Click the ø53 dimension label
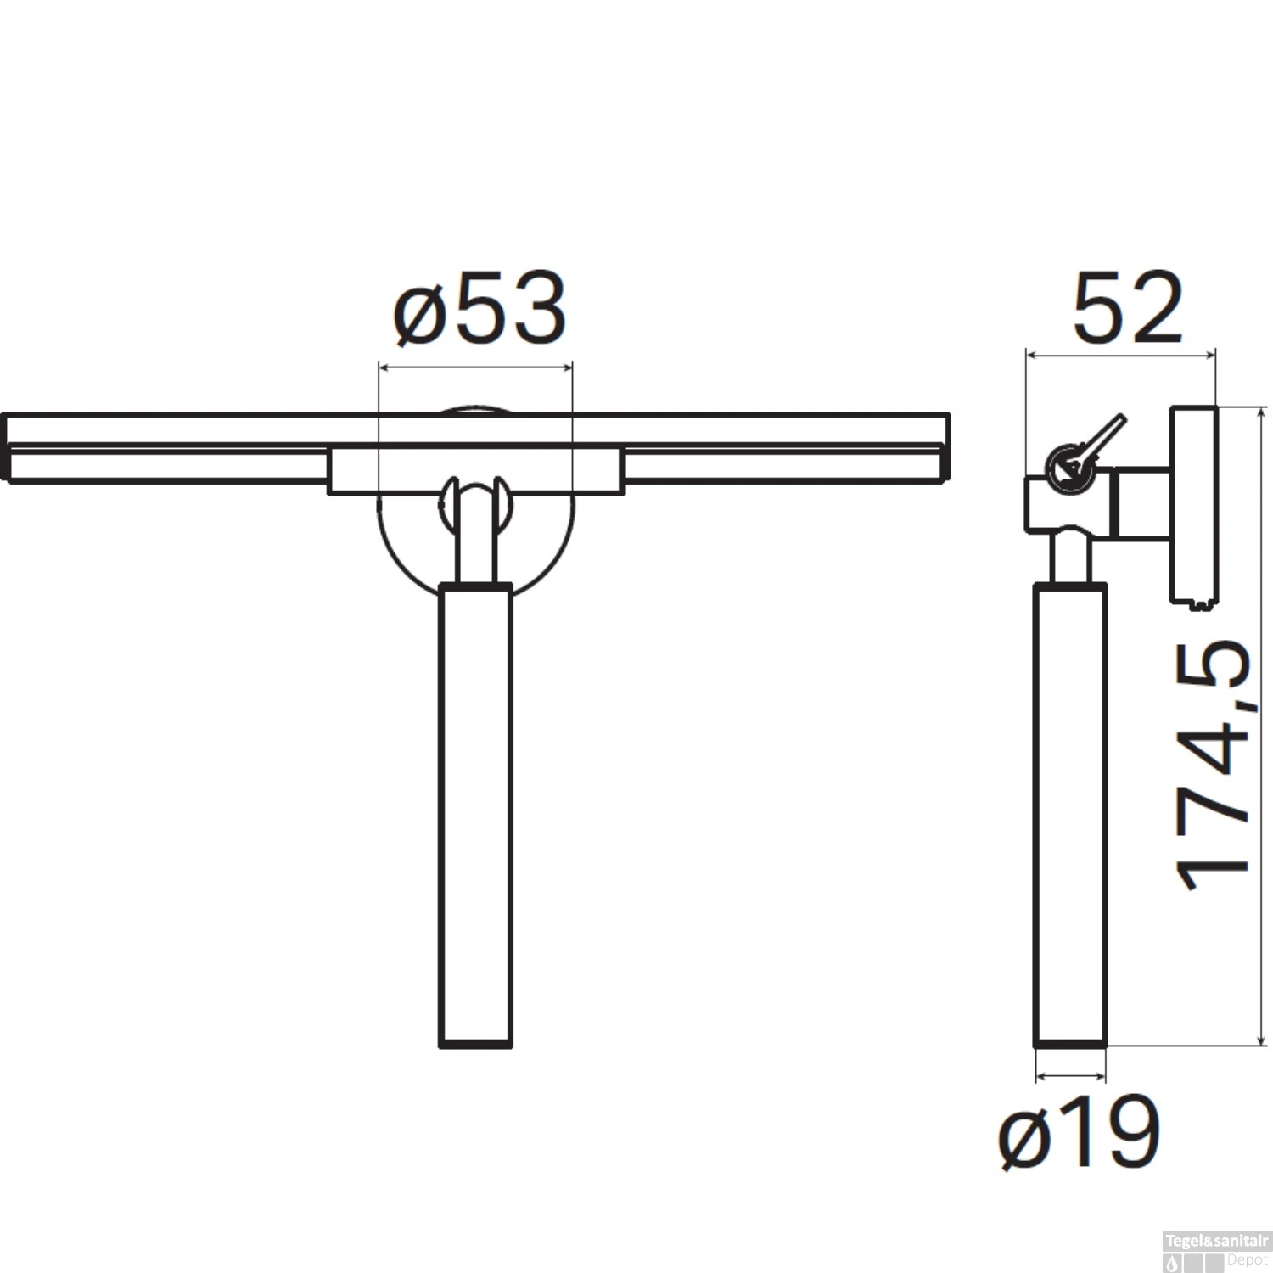tap(480, 310)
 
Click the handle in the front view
tap(475, 815)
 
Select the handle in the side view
tap(1070, 815)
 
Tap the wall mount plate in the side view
tap(1195, 505)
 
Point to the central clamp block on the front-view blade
tap(475, 469)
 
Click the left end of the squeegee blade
tap(7, 450)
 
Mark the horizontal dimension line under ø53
tap(475, 367)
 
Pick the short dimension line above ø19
tap(1071, 1077)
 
